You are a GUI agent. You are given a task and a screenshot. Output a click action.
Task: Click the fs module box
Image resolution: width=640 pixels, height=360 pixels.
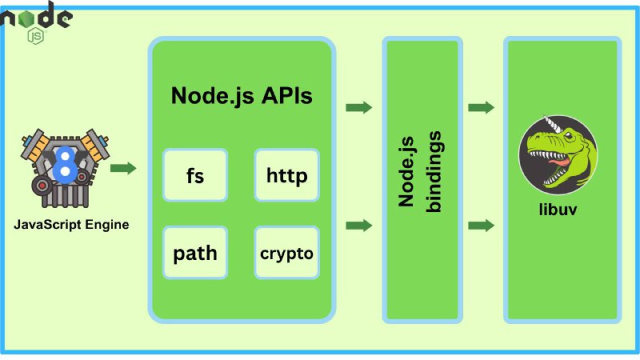(x=195, y=175)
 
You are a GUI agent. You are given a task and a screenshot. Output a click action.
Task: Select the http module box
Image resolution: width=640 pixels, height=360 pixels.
(x=286, y=175)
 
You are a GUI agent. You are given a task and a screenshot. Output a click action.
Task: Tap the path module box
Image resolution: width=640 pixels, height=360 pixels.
(x=195, y=253)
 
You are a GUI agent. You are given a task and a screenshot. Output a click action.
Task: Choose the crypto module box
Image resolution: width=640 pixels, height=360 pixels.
(x=286, y=253)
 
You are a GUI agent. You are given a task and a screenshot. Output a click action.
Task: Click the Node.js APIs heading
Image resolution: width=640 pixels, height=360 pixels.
(x=242, y=97)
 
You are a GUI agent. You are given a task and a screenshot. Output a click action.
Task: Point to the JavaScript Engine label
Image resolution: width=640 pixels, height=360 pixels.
(x=71, y=225)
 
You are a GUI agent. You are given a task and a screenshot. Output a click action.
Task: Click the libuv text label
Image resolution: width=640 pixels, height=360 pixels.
(x=558, y=210)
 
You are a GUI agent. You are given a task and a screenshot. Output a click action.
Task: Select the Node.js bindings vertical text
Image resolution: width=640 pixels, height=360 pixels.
(x=420, y=172)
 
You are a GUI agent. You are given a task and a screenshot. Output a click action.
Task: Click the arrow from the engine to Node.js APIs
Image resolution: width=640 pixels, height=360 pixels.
(x=123, y=168)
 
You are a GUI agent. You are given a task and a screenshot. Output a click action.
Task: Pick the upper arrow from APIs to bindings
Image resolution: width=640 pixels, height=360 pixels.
(x=358, y=107)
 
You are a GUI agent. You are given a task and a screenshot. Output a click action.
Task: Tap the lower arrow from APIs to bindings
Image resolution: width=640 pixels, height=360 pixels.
(x=358, y=225)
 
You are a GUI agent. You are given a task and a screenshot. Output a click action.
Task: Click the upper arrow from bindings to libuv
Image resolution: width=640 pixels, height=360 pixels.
(x=482, y=107)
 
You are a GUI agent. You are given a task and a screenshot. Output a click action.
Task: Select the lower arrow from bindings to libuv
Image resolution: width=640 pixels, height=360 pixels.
(x=482, y=225)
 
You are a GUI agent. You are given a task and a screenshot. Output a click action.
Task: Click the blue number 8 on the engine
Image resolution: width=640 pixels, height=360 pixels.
(x=65, y=164)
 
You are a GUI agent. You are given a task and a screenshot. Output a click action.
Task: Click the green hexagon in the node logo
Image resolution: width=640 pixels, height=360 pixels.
(x=27, y=18)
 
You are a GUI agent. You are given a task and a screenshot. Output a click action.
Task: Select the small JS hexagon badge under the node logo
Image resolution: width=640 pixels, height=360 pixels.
(x=35, y=36)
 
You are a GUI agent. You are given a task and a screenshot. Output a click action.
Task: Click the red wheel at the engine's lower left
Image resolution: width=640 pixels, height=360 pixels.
(x=42, y=186)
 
